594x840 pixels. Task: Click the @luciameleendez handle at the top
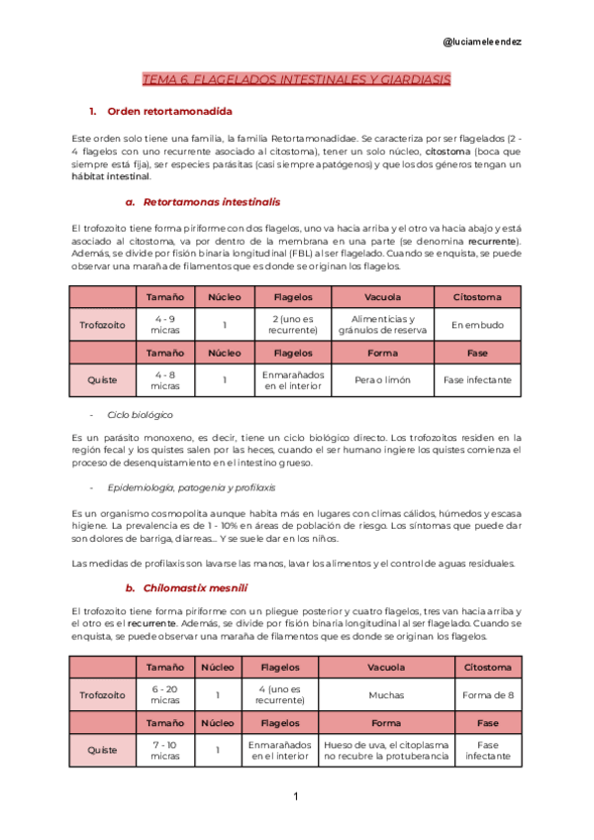point(482,42)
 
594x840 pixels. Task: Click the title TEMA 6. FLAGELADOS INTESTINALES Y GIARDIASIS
point(297,78)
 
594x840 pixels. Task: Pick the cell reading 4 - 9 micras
point(165,325)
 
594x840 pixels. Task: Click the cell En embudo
point(476,325)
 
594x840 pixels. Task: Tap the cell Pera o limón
point(382,379)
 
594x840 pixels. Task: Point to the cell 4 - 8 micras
point(165,379)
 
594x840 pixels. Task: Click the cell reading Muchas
point(386,694)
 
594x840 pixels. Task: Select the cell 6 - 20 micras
point(165,694)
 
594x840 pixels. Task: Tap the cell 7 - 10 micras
point(165,750)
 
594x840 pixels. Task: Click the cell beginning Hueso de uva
point(386,750)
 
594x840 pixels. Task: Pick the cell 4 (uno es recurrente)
point(280,694)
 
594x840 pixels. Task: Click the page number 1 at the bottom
point(295,796)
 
